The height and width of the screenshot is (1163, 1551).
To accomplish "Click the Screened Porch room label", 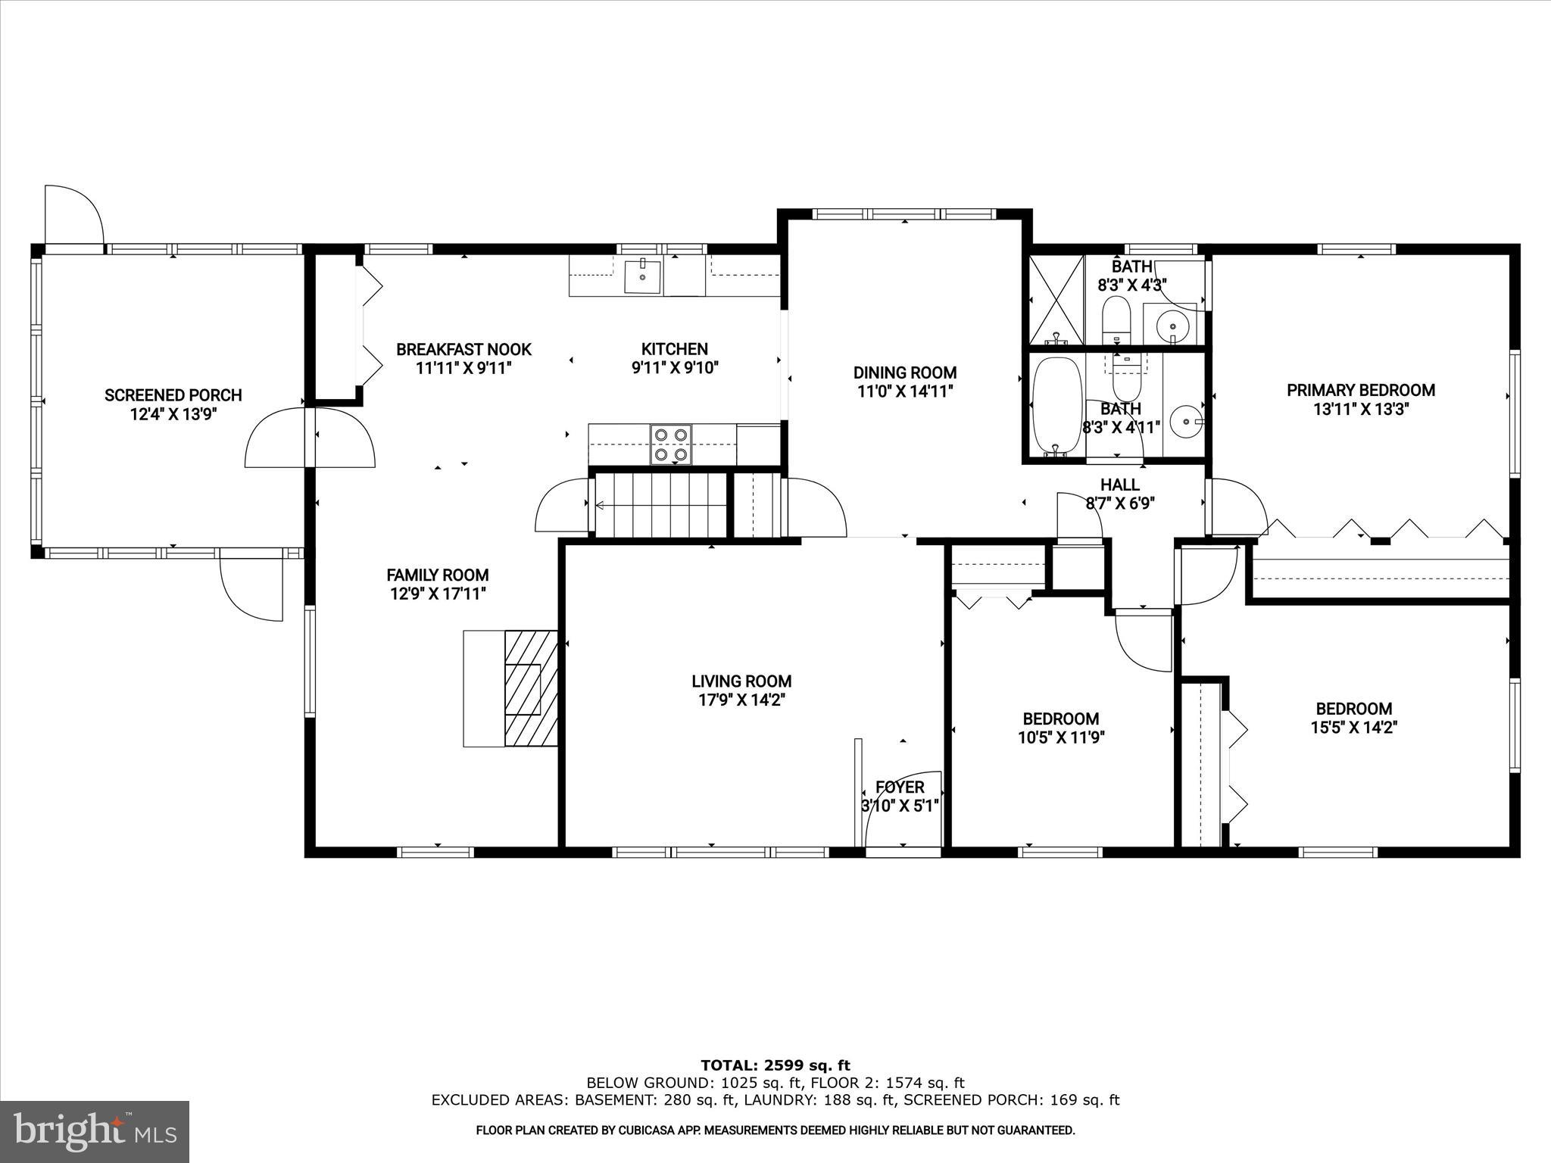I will coord(173,394).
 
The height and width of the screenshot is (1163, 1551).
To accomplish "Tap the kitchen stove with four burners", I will coord(671,444).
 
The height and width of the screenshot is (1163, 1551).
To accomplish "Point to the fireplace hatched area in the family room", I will coord(531,688).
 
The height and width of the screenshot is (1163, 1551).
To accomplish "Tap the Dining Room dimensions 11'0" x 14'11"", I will coord(905,391).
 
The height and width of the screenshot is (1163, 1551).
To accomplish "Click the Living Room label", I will coord(741,681).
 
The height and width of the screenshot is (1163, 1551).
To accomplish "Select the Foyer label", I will coord(900,787).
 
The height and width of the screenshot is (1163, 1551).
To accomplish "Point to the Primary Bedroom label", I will coord(1360,390).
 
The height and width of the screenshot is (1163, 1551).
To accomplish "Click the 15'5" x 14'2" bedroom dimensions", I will coord(1354,728).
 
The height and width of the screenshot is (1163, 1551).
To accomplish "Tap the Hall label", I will coord(1119,485).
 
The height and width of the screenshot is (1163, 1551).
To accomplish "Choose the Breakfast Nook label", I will coord(463,349).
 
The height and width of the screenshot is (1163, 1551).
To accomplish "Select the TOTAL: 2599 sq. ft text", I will coord(775,1065).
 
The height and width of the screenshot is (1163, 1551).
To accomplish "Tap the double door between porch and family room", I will coord(311,438).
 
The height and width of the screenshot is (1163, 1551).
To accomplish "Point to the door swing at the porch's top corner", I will coord(73,215).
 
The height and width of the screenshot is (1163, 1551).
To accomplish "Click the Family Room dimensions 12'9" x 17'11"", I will coord(438,594).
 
